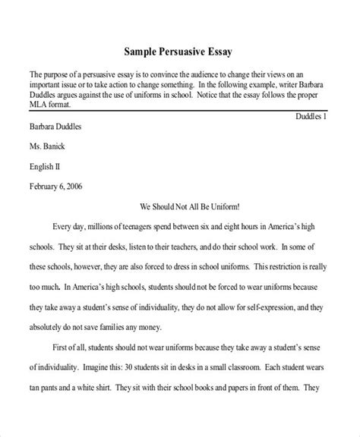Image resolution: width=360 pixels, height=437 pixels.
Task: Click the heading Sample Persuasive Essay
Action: pyautogui.click(x=179, y=52)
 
